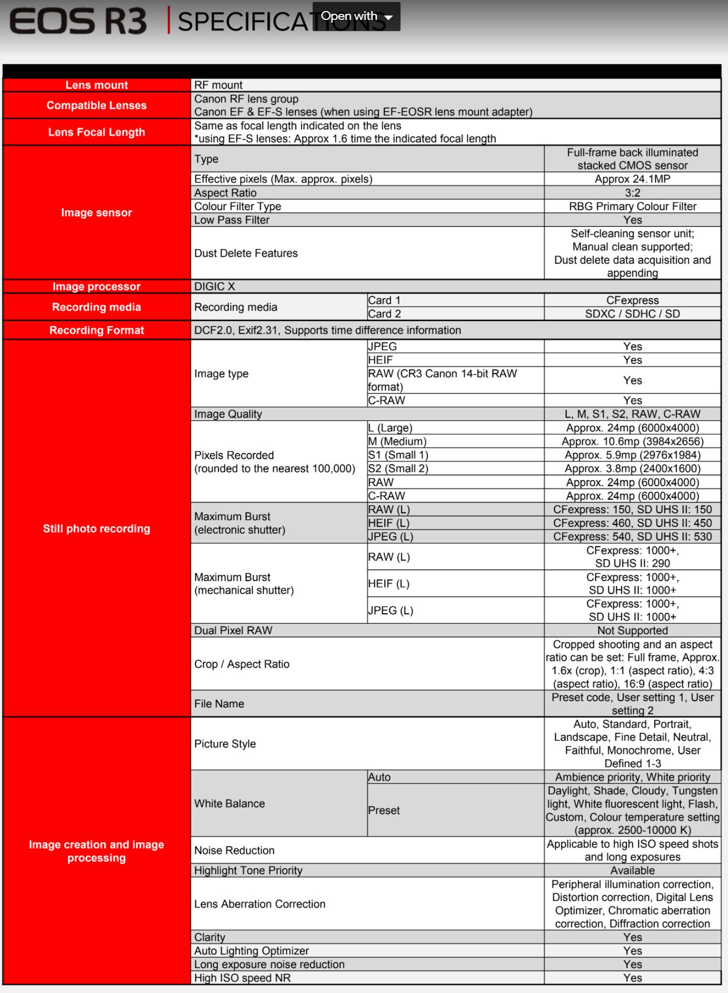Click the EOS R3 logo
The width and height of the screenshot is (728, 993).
[x=78, y=22]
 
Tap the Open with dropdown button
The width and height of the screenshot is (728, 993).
[x=357, y=17]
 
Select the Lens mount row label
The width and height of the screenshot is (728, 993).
[x=96, y=85]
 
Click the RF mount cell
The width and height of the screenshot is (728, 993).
[x=218, y=85]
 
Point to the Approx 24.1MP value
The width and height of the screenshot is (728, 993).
[x=632, y=179]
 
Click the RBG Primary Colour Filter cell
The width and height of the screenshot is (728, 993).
[x=632, y=206]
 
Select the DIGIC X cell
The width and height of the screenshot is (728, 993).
[x=215, y=287]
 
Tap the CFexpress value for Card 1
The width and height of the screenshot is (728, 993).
[x=632, y=300]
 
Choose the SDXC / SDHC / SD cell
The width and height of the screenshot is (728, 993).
[x=632, y=314]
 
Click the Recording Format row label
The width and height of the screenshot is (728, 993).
[x=96, y=330]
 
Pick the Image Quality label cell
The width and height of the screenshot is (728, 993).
[x=228, y=414]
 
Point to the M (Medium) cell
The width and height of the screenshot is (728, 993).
[x=398, y=441]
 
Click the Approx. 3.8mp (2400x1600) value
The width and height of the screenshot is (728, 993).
[x=632, y=469]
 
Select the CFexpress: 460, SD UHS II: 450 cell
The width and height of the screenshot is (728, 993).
[x=632, y=523]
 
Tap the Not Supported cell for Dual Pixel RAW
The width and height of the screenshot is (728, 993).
[x=632, y=630]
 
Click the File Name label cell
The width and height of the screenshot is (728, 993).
[x=219, y=704]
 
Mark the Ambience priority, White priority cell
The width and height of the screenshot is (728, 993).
[x=632, y=777]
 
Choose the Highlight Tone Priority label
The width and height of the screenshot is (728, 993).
[x=248, y=870]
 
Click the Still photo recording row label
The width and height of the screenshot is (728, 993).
[x=96, y=528]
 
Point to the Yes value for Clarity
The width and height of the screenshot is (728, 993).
[x=632, y=937]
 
